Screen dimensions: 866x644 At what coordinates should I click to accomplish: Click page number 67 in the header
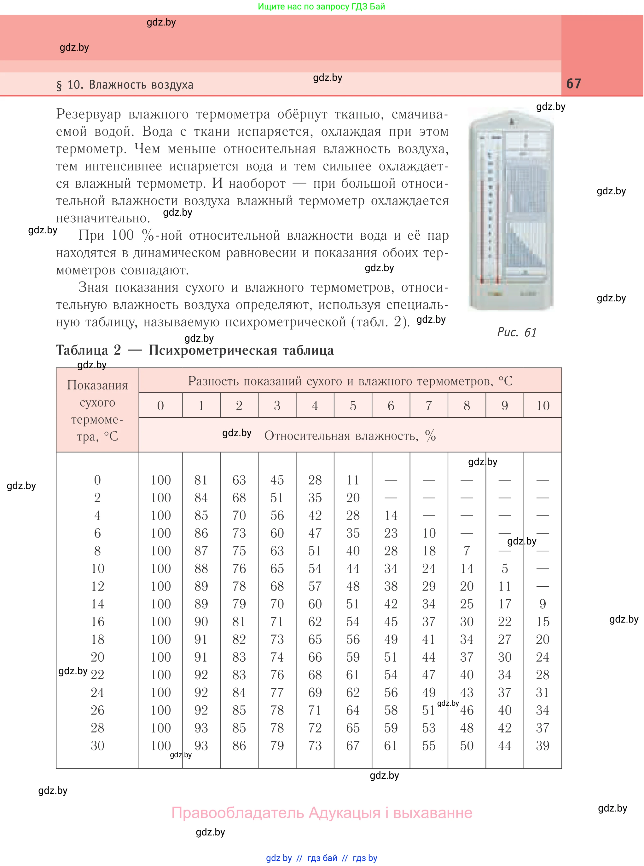point(573,83)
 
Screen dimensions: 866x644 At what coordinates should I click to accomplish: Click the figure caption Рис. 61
point(517,332)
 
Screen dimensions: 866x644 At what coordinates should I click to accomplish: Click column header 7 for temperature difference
point(428,406)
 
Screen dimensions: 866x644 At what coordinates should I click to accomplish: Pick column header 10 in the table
point(542,406)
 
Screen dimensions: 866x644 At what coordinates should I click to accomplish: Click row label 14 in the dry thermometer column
point(97,604)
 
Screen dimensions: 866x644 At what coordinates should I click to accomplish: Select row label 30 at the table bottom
point(97,746)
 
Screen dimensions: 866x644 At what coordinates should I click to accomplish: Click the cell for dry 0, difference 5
point(353,480)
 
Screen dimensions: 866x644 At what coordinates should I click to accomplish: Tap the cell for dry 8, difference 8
point(467,551)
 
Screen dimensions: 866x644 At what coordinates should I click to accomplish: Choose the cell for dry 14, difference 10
point(542,604)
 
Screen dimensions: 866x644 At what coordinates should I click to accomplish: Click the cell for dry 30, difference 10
point(542,746)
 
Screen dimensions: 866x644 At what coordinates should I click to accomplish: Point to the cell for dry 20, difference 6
point(391,657)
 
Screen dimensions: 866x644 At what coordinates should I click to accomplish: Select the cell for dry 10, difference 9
point(504,568)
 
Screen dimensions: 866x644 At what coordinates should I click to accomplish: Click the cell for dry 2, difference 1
point(201,498)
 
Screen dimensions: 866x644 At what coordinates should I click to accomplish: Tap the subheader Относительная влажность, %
point(350,435)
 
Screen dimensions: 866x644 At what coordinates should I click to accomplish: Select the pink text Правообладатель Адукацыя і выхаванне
point(322,813)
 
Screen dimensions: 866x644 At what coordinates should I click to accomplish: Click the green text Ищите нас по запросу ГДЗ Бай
point(321,6)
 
